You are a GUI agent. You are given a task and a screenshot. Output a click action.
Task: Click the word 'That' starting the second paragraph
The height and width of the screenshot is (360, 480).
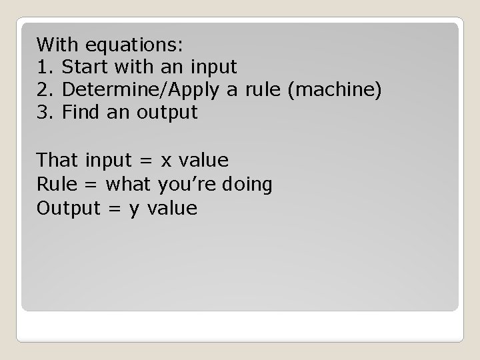pos(58,161)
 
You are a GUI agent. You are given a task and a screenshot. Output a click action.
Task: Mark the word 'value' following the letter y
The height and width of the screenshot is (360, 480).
pos(172,209)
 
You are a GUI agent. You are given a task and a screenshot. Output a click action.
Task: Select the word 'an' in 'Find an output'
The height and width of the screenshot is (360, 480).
pos(119,113)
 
